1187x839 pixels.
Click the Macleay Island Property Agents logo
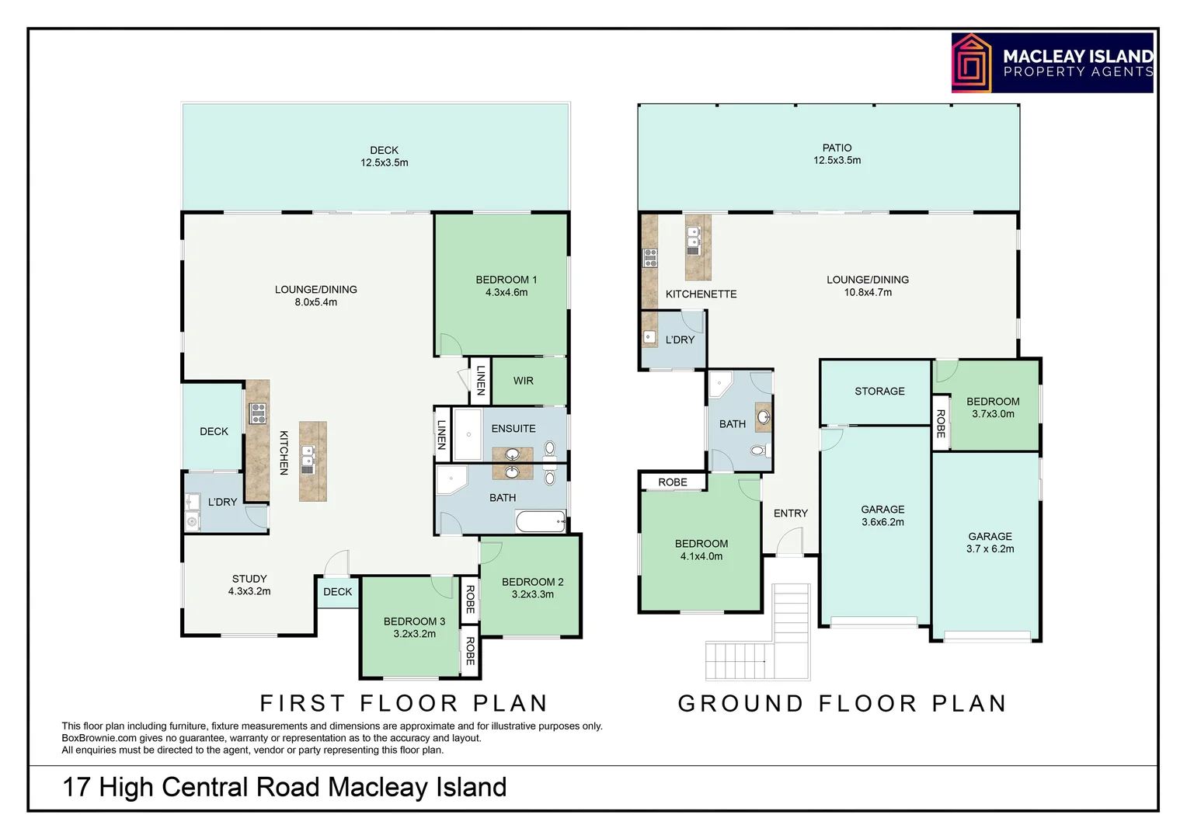point(1052,63)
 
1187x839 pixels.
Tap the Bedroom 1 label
point(506,286)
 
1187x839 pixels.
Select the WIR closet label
point(523,381)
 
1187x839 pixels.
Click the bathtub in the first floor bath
point(541,522)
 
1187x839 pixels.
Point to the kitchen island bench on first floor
point(312,461)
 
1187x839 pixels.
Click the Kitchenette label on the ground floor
point(701,294)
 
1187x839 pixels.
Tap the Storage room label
point(879,391)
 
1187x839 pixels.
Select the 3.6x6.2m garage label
point(882,516)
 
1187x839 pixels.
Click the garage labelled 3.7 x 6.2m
point(990,542)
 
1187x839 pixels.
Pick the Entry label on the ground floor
point(790,513)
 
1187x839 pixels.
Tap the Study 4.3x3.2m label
point(249,585)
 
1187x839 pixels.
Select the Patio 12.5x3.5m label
point(837,154)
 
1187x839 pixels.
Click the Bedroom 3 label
point(414,627)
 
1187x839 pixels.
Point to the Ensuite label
point(513,428)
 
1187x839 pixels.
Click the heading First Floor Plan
point(404,703)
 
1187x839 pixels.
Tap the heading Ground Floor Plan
point(842,703)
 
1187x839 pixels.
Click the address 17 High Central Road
point(284,787)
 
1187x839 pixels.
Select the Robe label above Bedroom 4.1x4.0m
point(672,482)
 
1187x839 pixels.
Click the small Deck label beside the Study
point(337,591)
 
